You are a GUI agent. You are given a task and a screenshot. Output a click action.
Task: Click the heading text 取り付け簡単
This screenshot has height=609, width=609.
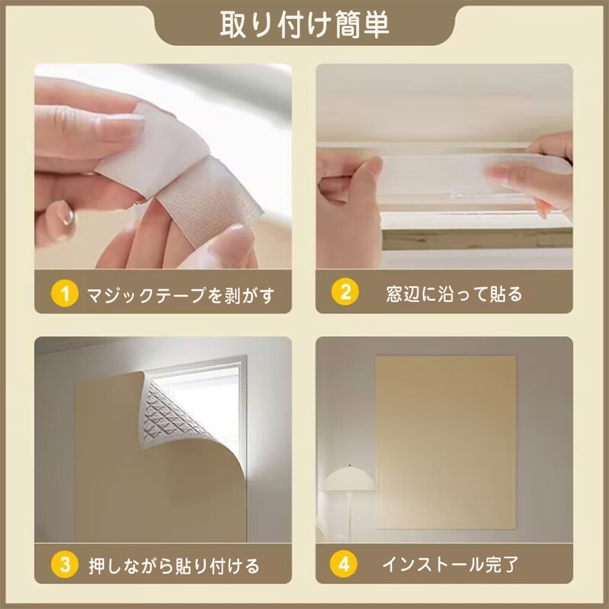coord(304,24)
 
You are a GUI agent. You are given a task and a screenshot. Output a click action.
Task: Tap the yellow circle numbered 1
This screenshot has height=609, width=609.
coord(65,294)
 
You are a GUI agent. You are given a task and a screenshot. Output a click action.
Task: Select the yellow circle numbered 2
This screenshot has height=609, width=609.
coord(345,292)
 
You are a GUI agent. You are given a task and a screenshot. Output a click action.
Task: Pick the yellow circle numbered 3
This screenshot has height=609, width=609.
coord(65,565)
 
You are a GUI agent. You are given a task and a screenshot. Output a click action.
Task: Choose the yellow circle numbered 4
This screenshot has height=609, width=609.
coord(343,563)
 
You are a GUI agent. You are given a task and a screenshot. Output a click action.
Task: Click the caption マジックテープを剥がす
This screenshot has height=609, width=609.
coord(181,295)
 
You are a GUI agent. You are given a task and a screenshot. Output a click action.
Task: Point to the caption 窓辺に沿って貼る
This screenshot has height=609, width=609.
coord(454,294)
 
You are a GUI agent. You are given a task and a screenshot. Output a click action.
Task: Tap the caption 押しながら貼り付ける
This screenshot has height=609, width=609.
coord(174,566)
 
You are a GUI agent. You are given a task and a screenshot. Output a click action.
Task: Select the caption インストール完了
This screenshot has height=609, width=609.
coord(451,564)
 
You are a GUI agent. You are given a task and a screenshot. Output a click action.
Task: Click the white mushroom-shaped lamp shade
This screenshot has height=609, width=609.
coord(349,479)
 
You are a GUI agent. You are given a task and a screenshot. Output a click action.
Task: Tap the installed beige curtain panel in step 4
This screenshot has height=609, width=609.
coord(446,442)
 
